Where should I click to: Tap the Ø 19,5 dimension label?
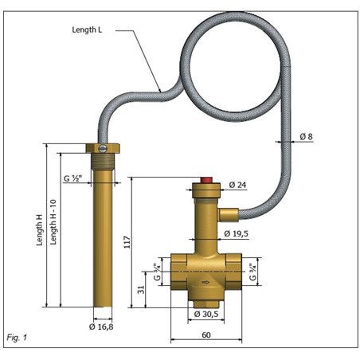pos(238,233)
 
